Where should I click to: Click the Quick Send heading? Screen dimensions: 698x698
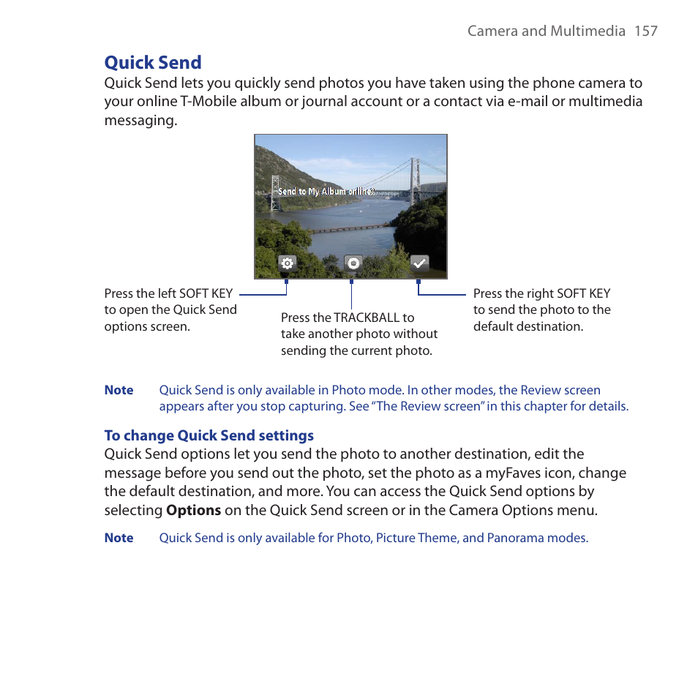[x=153, y=62]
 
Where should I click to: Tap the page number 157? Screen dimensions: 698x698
[x=646, y=31]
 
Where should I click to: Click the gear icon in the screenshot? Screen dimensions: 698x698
[x=287, y=264]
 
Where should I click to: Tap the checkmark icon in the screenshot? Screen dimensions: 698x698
[x=419, y=264]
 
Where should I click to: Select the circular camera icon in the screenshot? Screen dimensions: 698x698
[x=353, y=264]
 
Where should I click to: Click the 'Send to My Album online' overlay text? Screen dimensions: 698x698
[x=326, y=192]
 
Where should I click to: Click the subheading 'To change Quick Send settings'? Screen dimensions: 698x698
[x=209, y=435]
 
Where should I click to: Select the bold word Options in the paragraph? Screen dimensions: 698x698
[x=193, y=510]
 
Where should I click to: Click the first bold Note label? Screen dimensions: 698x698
[x=119, y=390]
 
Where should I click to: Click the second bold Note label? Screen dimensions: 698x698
[x=119, y=538]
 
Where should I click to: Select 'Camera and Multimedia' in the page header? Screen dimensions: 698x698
[x=547, y=31]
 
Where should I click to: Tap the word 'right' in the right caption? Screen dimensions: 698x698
[x=541, y=293]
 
